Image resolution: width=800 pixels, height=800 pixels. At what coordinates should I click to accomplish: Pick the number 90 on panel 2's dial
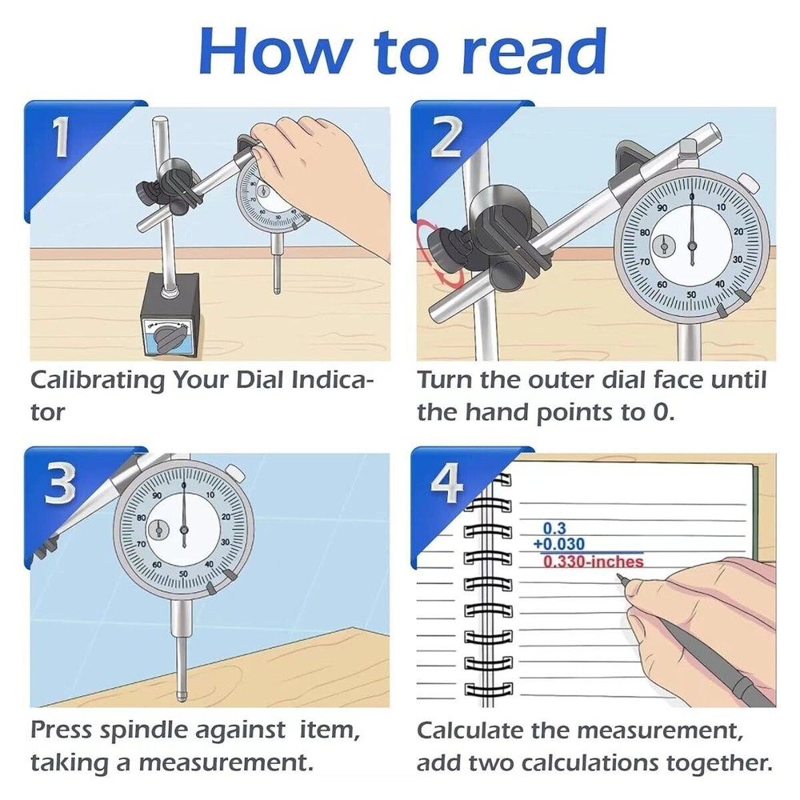(662, 208)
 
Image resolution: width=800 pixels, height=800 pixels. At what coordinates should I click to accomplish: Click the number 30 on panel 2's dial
(737, 260)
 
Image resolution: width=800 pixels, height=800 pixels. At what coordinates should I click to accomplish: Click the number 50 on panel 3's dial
(183, 574)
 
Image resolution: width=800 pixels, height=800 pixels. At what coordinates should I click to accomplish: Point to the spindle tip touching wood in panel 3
(182, 689)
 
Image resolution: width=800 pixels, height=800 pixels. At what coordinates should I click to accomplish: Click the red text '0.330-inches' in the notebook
(593, 562)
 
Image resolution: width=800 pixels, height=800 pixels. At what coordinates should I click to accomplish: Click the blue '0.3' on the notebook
(554, 529)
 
